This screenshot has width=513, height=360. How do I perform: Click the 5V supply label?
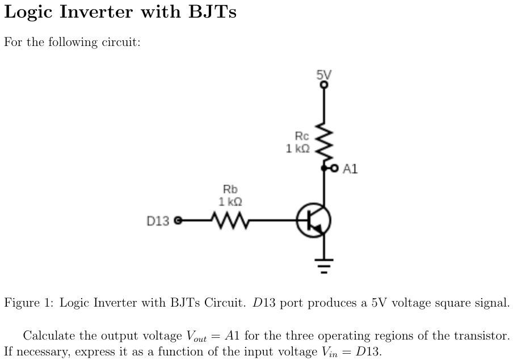click(324, 74)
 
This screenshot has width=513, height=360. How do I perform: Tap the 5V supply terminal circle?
click(324, 85)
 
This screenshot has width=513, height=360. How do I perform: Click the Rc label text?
click(302, 136)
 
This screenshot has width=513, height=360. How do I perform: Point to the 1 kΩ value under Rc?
click(298, 149)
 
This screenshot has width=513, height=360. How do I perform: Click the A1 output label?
click(350, 169)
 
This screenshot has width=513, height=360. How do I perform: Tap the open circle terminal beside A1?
click(334, 169)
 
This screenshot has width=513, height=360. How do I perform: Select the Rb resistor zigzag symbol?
click(226, 219)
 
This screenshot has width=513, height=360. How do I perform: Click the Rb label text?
click(230, 189)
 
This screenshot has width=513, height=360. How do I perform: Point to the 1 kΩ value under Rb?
click(230, 202)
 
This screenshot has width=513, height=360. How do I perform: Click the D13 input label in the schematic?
click(158, 220)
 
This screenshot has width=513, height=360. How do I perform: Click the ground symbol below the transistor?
click(324, 264)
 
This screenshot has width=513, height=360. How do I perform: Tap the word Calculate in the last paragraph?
click(48, 336)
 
